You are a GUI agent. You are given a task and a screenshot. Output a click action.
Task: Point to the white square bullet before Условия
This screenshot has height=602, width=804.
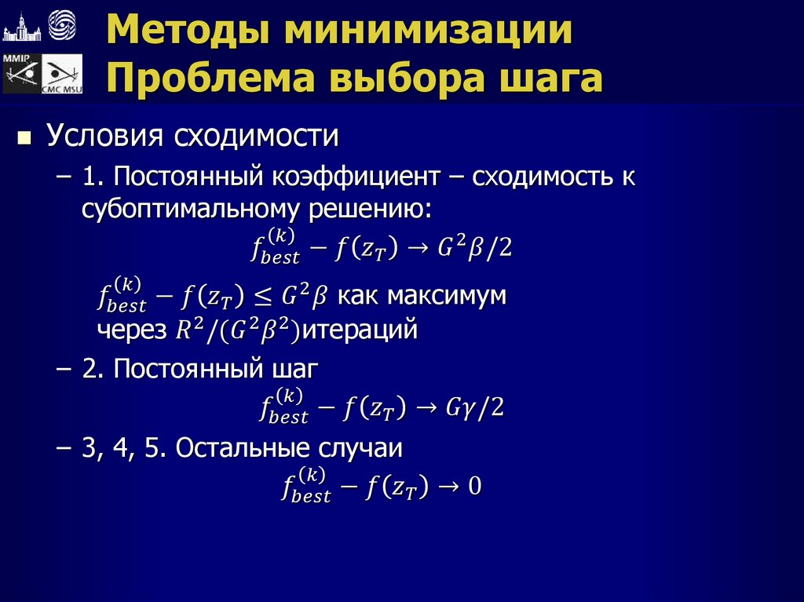pos(24,140)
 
